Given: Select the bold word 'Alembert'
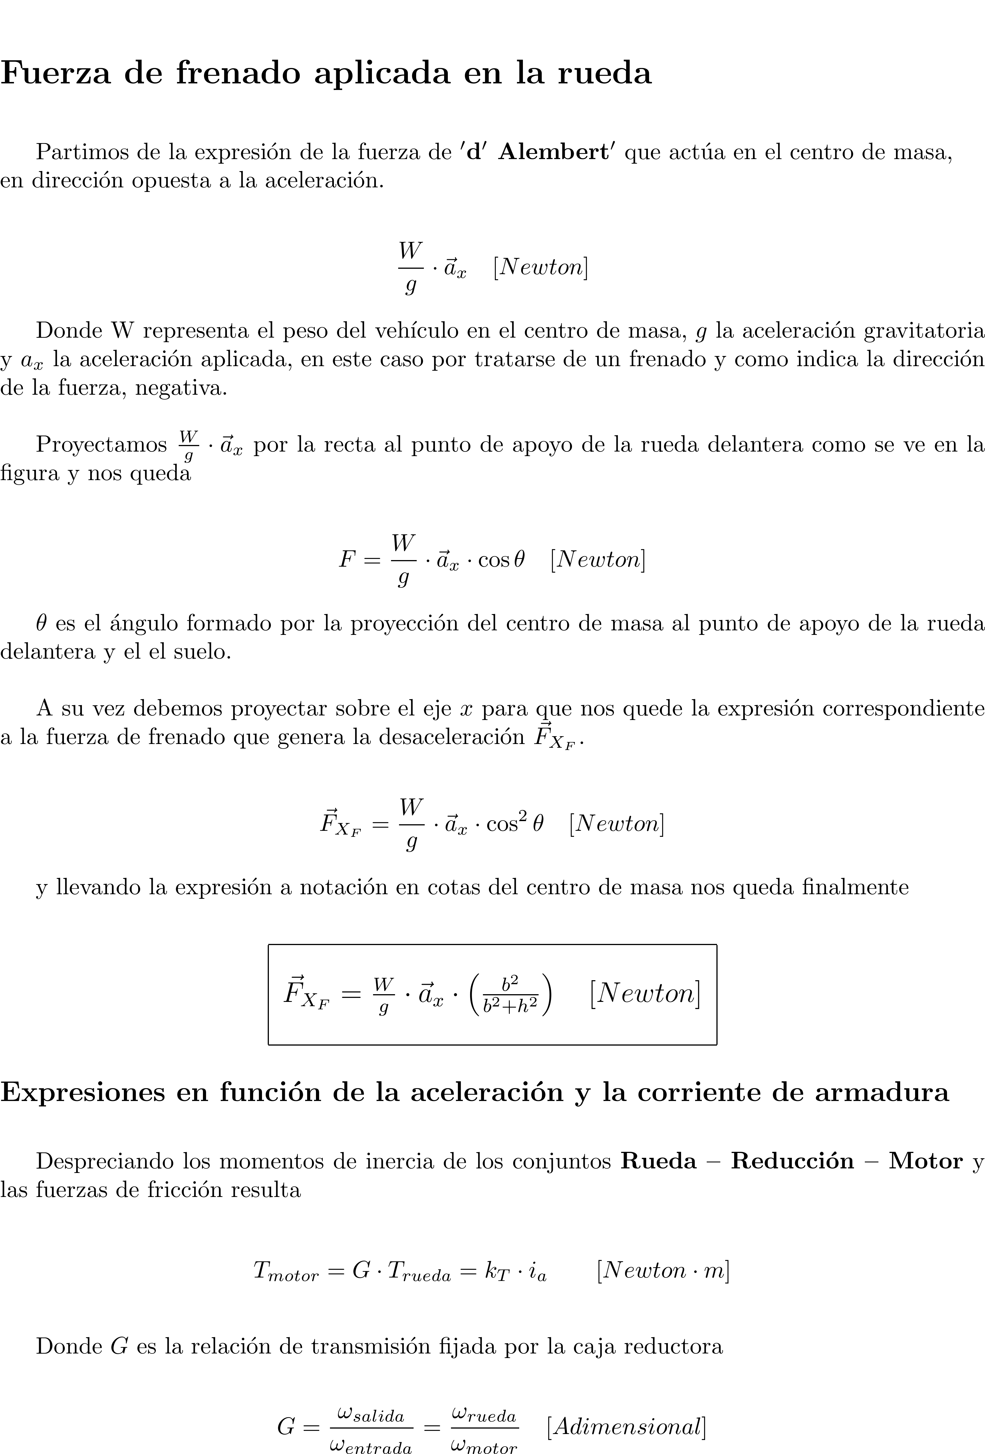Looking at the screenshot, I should click(x=553, y=152).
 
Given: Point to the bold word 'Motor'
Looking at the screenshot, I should click(x=926, y=1161).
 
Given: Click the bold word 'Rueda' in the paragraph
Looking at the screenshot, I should click(x=658, y=1161).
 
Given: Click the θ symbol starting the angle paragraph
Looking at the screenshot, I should click(x=41, y=623).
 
